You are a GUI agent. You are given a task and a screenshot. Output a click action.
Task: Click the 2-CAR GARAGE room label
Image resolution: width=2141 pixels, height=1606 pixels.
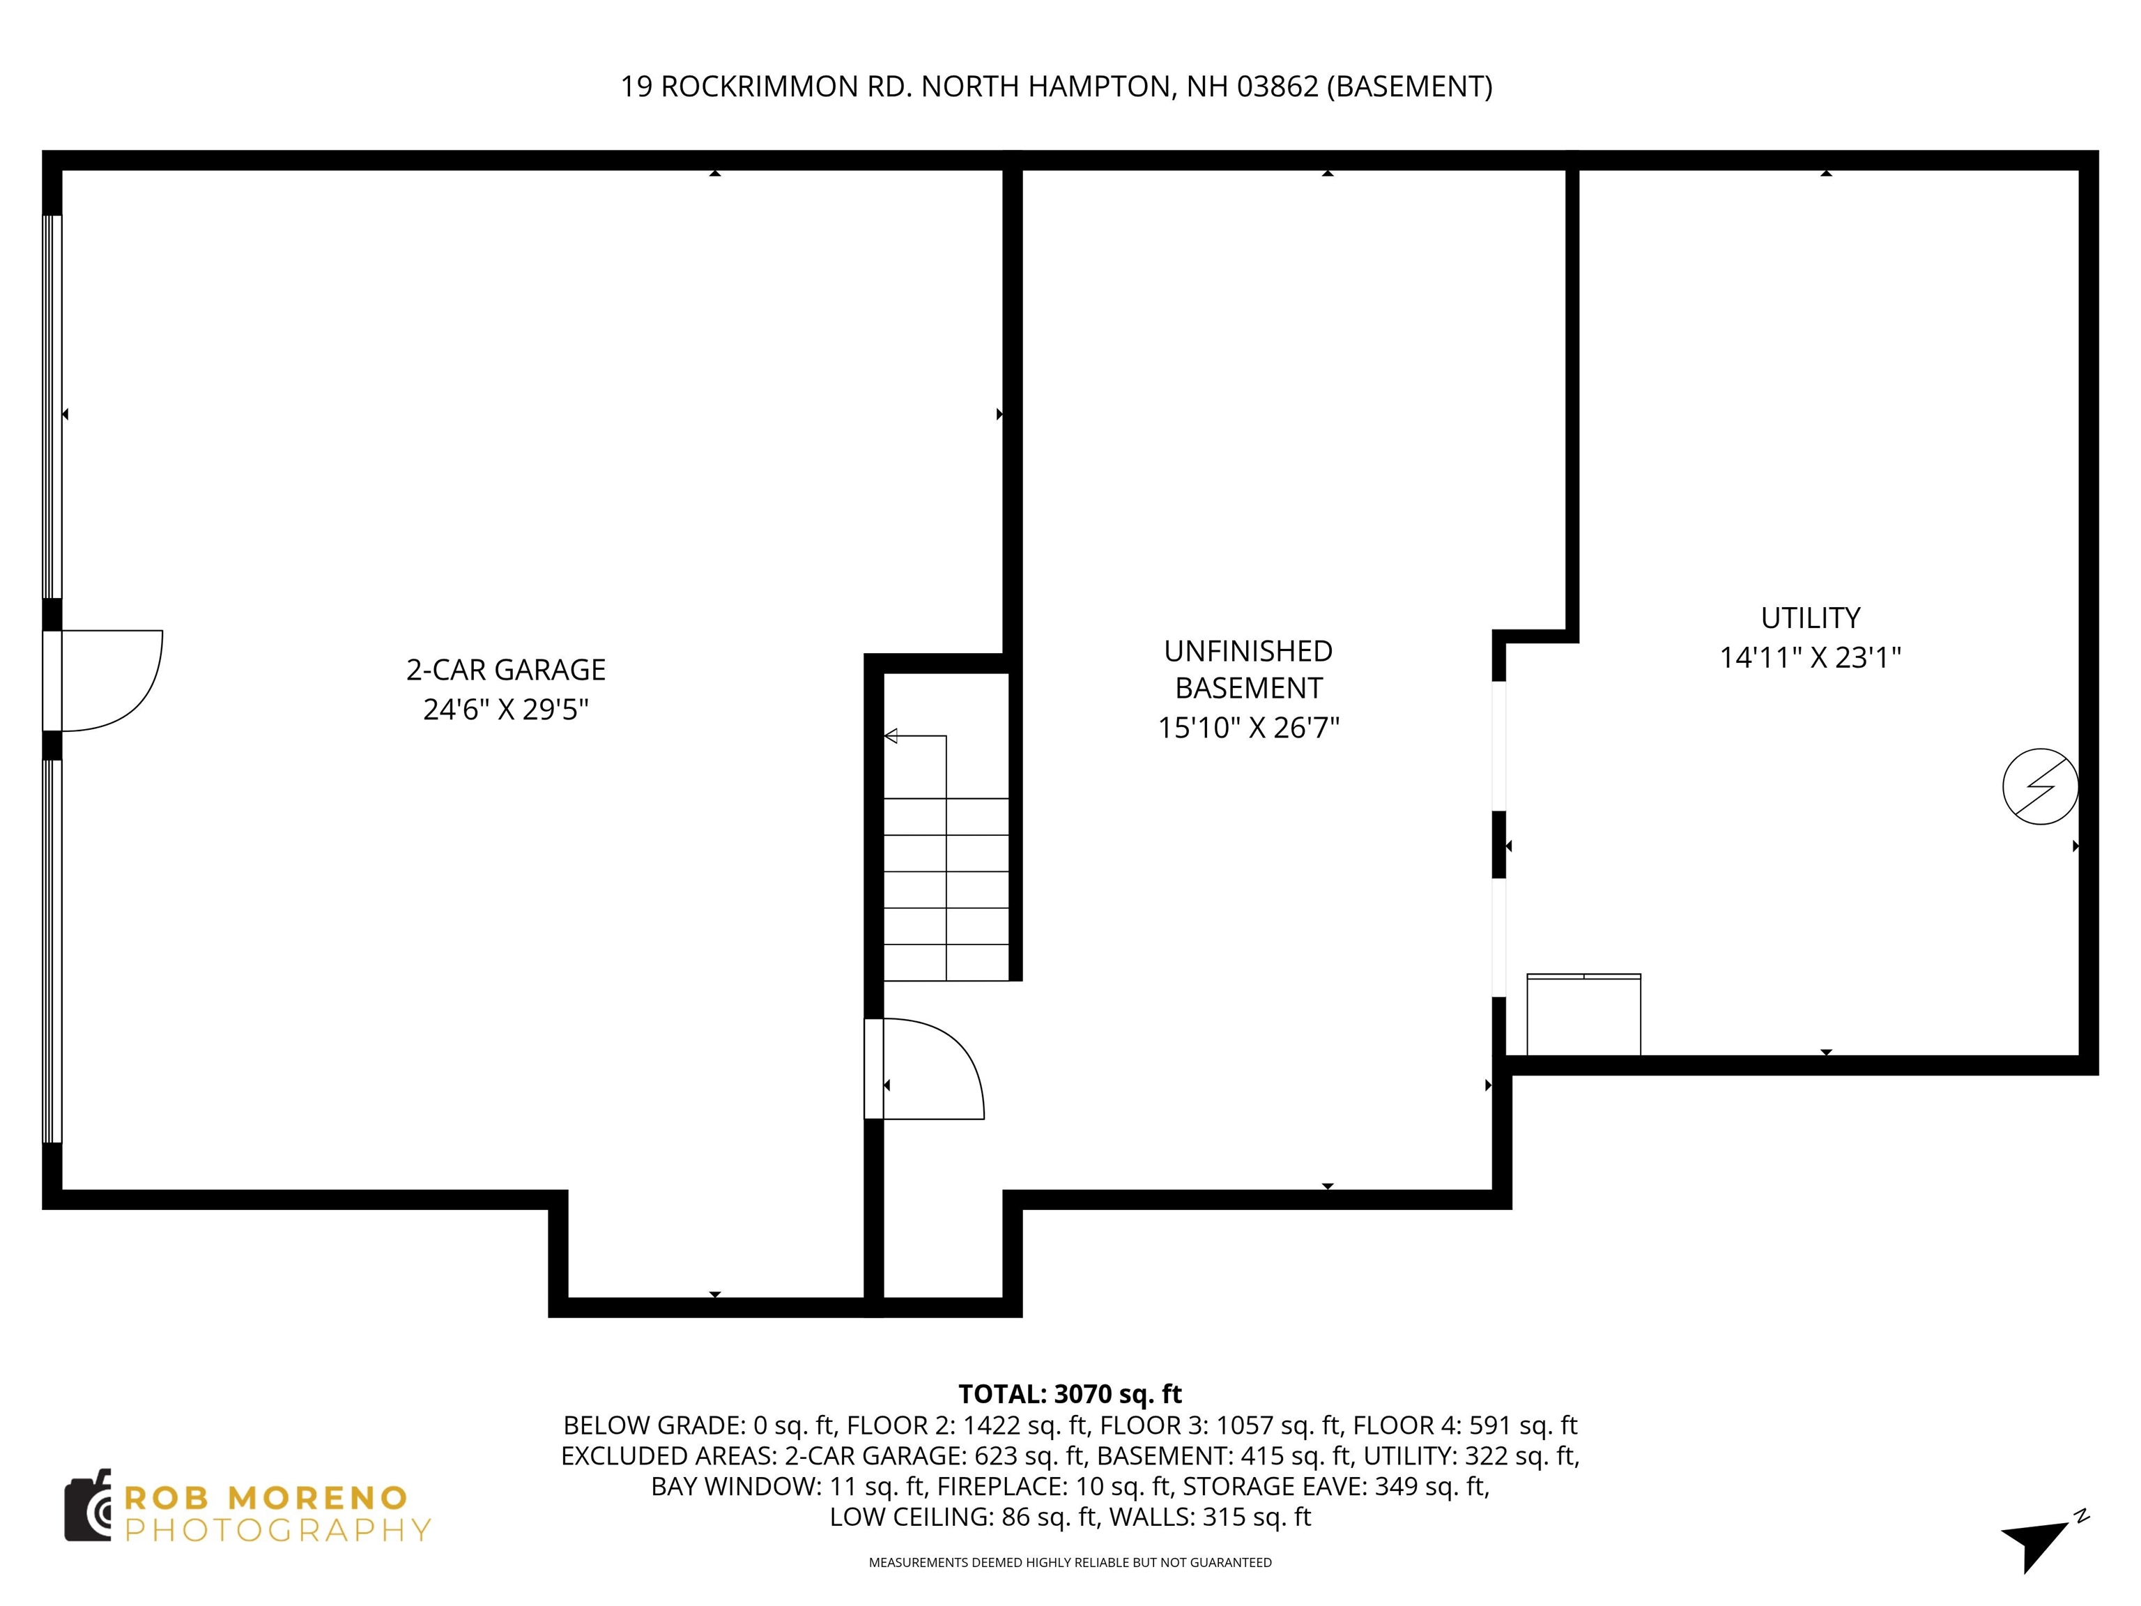tap(505, 669)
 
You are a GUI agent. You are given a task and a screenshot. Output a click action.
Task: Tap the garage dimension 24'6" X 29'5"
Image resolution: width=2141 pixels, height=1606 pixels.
tap(505, 710)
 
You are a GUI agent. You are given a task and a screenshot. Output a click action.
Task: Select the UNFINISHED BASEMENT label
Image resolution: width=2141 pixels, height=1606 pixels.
tap(1248, 669)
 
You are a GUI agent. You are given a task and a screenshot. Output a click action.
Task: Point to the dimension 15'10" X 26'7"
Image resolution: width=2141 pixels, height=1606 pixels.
tap(1248, 727)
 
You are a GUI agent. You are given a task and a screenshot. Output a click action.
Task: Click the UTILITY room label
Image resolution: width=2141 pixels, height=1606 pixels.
tap(1810, 618)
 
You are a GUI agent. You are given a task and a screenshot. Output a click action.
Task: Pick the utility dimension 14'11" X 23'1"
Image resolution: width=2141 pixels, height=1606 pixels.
tap(1810, 658)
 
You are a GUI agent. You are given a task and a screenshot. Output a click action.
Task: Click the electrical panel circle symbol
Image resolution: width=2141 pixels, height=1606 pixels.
tap(2039, 786)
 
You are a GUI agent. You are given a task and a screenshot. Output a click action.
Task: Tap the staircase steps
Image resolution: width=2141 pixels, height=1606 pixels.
tap(946, 871)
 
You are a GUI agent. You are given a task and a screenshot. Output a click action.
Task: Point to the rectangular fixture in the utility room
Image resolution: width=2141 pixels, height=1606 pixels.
tap(1583, 1014)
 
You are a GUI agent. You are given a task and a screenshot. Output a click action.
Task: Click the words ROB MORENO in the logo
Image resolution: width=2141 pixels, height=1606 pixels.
tap(266, 1497)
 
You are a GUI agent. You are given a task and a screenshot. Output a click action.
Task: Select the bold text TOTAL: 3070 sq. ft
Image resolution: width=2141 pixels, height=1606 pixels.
tap(1070, 1394)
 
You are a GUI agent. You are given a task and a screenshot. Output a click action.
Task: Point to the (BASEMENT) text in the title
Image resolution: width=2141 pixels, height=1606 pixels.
tap(1409, 87)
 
